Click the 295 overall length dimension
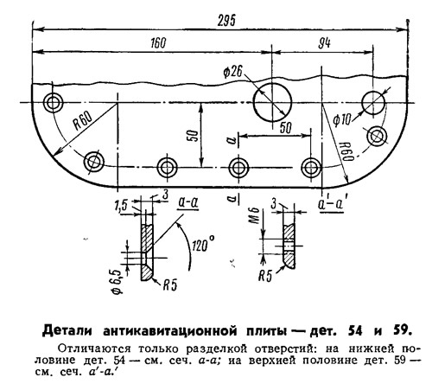(226, 21)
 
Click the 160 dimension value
(158, 43)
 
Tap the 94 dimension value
(324, 43)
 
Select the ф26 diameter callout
(232, 72)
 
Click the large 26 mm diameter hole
(272, 102)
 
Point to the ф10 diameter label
(342, 119)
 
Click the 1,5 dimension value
(121, 205)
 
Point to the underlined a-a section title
(188, 203)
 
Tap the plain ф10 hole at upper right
(373, 103)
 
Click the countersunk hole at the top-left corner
(53, 103)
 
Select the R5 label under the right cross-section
(265, 276)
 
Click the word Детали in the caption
(67, 331)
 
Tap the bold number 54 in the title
(355, 331)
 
